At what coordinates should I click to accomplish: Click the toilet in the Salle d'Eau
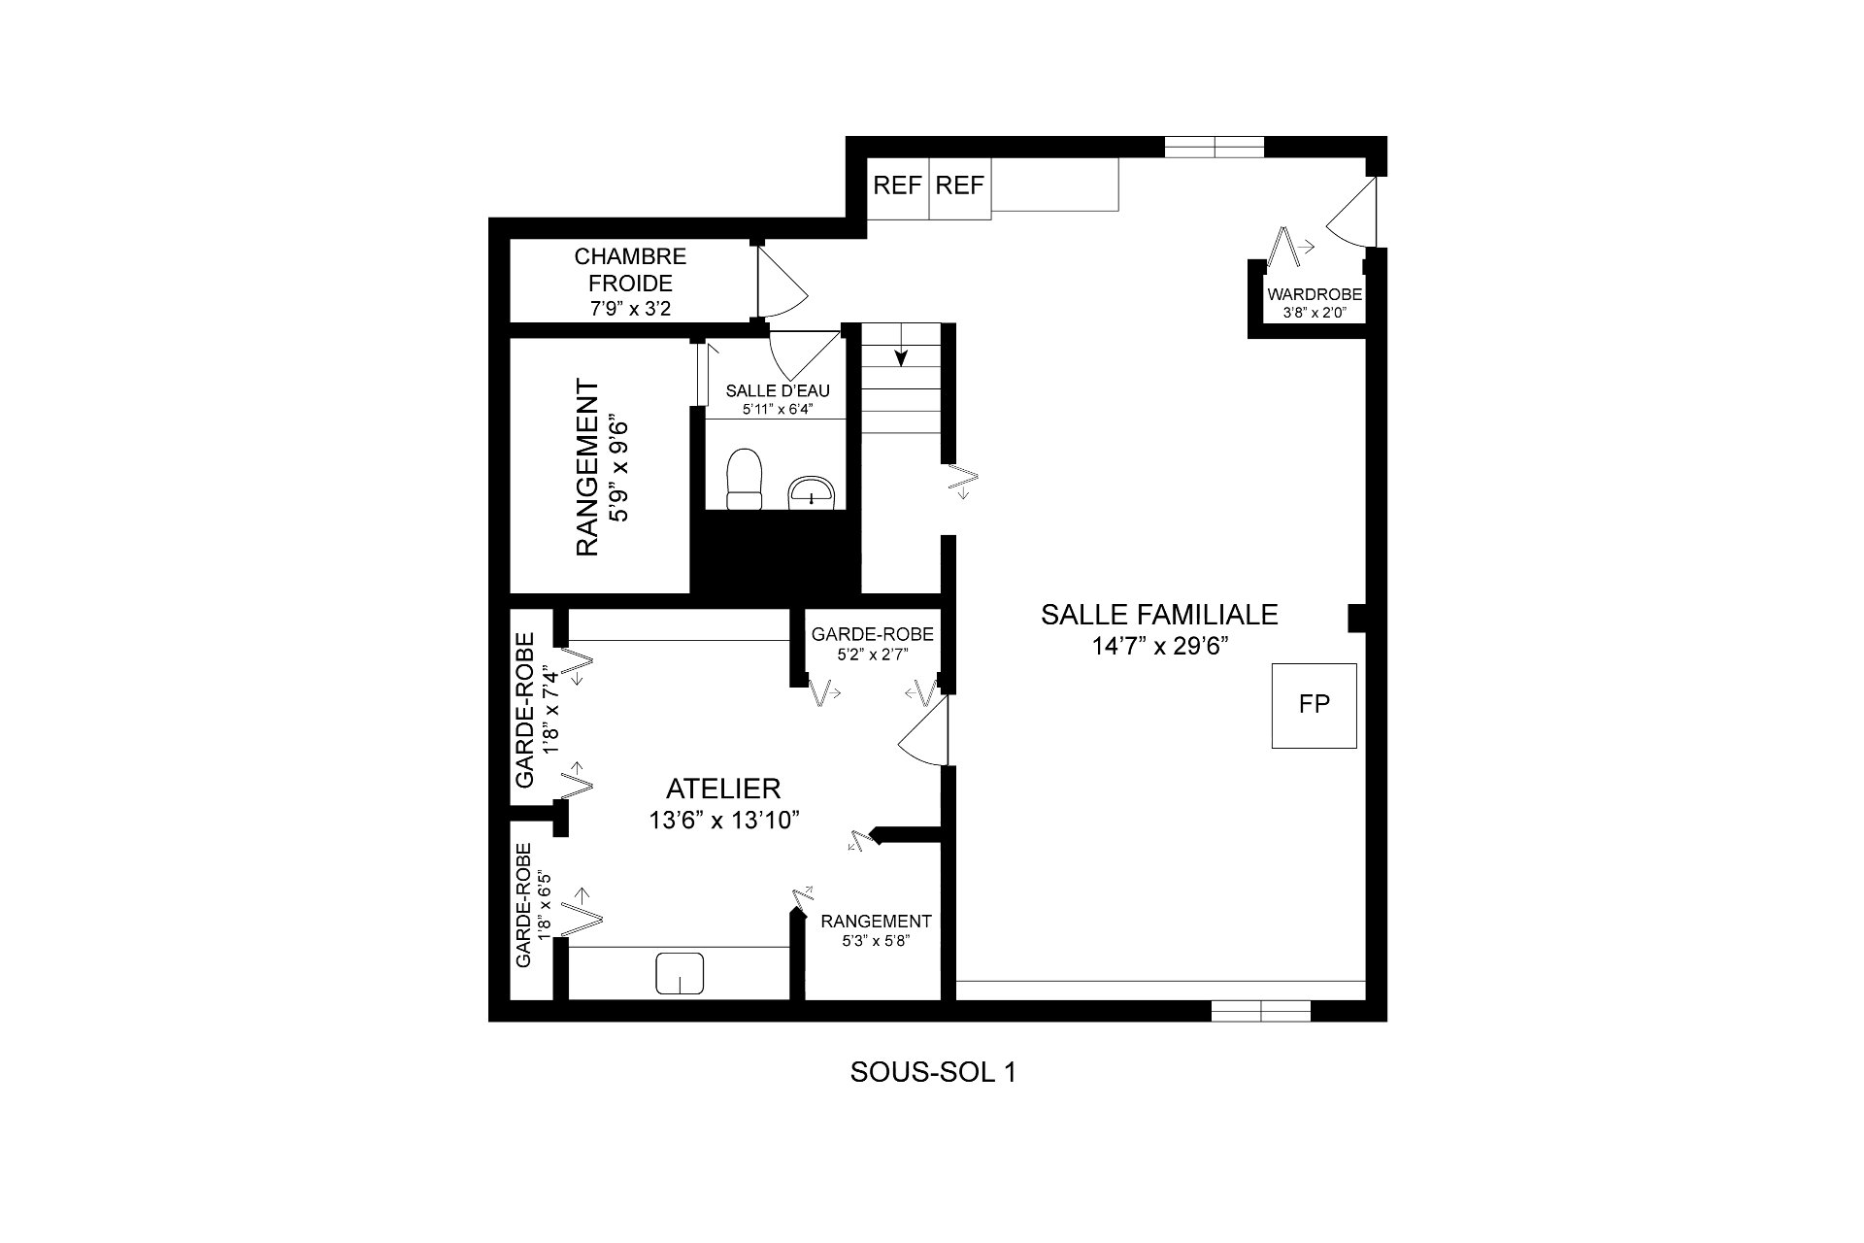[746, 479]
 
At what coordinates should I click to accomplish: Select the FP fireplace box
[1315, 706]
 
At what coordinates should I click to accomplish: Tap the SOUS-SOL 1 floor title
[933, 1072]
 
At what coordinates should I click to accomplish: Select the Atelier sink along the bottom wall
[680, 973]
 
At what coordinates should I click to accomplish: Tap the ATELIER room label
[723, 789]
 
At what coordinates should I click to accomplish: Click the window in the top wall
[1215, 147]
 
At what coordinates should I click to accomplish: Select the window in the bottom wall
[1261, 1011]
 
